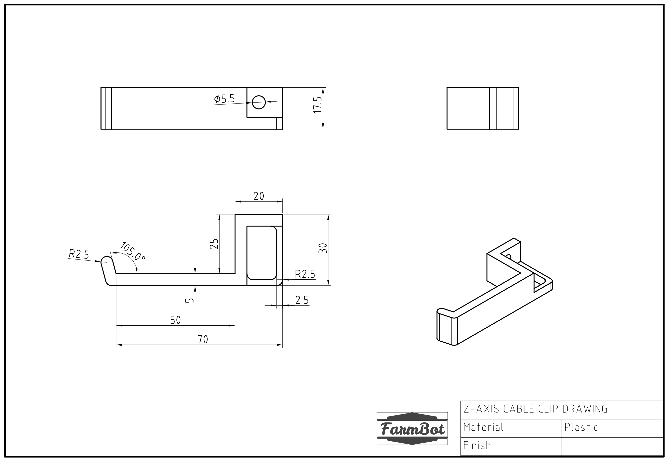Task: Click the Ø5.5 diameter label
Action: [x=225, y=99]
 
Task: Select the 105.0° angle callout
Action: [x=132, y=251]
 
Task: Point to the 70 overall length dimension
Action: [x=203, y=340]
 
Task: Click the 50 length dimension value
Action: [x=175, y=320]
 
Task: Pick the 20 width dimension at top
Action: [x=258, y=196]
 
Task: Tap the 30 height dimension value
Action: [x=323, y=248]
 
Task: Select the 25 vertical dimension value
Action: [x=214, y=244]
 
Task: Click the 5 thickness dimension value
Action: [x=189, y=300]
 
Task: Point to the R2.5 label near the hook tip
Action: [x=79, y=254]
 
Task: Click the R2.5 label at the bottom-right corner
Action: [x=305, y=274]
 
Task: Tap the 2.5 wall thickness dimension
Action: [x=302, y=300]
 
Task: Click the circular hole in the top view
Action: [x=258, y=102]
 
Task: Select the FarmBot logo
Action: [x=412, y=429]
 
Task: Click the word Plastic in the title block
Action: [x=581, y=427]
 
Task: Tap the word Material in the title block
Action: [x=483, y=427]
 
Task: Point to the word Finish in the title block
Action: [x=477, y=446]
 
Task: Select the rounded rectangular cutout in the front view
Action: [x=262, y=253]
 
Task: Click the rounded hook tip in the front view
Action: [x=106, y=260]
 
